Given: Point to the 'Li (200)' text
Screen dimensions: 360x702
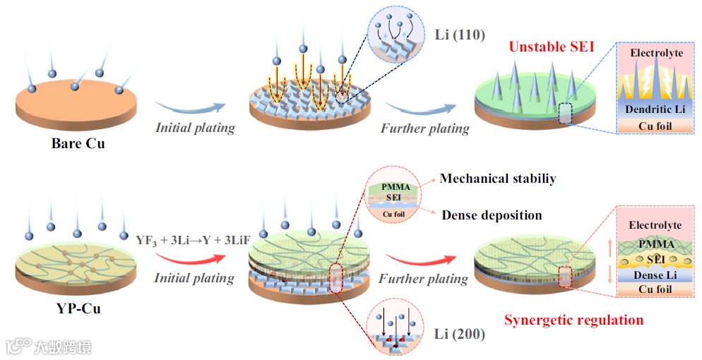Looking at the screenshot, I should (x=460, y=332).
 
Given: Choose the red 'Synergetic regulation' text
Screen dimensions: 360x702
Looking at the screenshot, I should (x=573, y=320).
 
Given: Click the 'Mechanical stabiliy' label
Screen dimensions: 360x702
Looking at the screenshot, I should (x=497, y=179).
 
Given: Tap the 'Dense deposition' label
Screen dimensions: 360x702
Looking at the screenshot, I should (x=492, y=215).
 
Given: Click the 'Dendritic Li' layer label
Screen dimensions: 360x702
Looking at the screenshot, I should (x=655, y=109).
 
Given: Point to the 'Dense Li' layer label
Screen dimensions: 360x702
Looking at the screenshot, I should (x=655, y=275).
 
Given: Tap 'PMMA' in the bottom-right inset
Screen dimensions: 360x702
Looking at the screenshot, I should (x=655, y=244).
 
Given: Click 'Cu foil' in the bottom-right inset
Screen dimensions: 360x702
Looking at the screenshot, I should (x=655, y=289).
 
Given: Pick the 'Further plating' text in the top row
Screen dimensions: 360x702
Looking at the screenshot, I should (x=424, y=128).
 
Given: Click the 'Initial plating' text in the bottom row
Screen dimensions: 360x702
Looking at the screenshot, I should (x=194, y=277).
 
